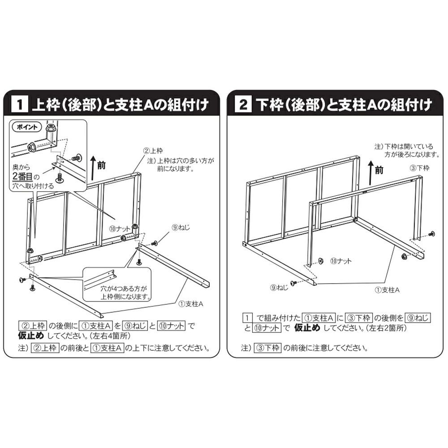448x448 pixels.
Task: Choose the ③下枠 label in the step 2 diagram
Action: click(420, 168)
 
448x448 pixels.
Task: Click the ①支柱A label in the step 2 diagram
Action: click(387, 290)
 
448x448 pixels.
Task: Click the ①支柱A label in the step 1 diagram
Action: click(192, 303)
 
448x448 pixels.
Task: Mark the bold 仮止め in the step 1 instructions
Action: click(30, 335)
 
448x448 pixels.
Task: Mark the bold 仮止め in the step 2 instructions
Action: click(307, 327)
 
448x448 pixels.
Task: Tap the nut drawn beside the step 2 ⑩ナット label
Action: click(321, 261)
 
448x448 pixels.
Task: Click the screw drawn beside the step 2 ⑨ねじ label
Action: click(293, 282)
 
